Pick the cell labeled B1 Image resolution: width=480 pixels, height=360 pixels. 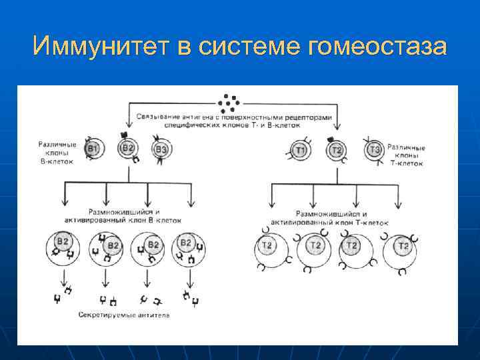pos(93,149)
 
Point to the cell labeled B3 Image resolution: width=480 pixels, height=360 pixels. pos(161,149)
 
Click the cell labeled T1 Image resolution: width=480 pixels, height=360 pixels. pos(301,151)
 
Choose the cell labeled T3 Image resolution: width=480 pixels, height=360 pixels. pos(375,151)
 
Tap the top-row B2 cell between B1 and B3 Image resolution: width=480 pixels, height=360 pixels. pos(127,148)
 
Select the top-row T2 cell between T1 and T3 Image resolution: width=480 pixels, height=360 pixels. pos(337,151)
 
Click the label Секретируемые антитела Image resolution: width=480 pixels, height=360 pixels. pos(123,314)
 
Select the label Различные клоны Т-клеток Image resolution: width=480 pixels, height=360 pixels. pos(405,154)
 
